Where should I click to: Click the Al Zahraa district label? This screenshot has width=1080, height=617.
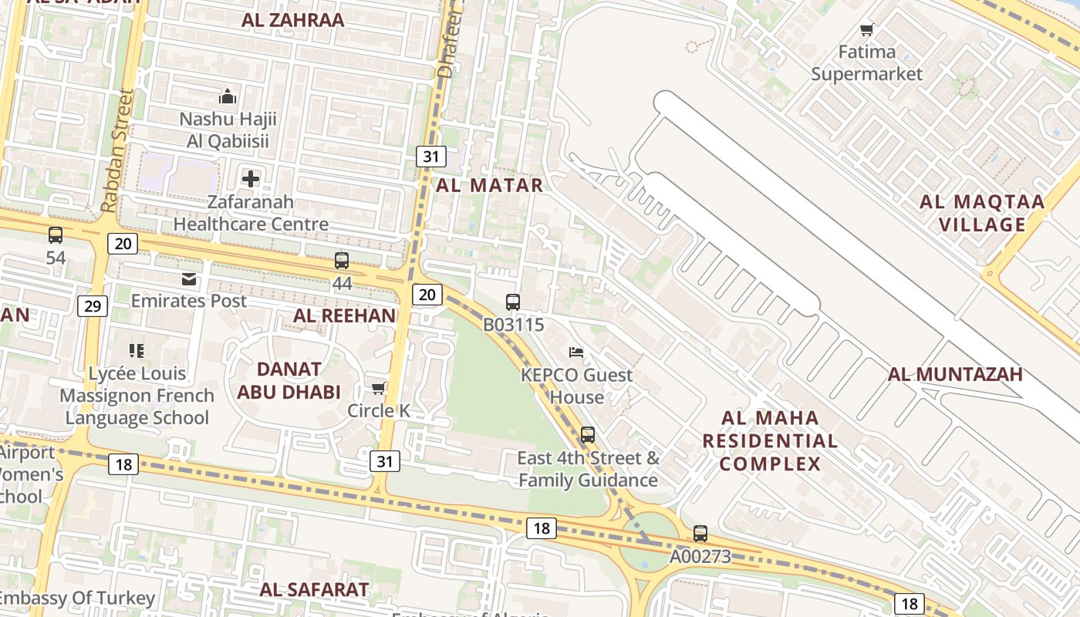point(292,20)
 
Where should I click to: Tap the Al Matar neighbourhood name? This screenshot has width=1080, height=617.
point(489,185)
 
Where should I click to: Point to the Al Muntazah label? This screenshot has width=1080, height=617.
point(955,375)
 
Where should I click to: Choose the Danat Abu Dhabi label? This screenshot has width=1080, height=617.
point(289,380)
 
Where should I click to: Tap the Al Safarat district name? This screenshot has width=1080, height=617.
point(314,590)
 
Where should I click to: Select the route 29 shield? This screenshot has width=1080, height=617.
point(92,306)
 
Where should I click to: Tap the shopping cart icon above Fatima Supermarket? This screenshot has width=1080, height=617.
point(867,30)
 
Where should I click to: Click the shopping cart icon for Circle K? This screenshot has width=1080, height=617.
point(378,388)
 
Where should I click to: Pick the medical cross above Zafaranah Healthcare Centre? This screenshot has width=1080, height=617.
point(251,179)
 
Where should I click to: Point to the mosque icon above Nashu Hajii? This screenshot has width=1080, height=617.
point(228,96)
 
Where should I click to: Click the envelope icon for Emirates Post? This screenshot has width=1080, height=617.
point(189,278)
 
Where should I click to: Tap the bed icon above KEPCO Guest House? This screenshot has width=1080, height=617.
point(576,352)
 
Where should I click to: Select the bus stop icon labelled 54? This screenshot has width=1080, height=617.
point(56,235)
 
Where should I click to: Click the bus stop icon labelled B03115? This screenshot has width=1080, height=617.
point(513,302)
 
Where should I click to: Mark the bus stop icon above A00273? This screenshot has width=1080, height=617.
point(700,533)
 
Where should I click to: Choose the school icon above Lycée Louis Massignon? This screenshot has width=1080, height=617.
point(137,351)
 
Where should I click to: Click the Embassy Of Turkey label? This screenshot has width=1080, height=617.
point(77,598)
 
